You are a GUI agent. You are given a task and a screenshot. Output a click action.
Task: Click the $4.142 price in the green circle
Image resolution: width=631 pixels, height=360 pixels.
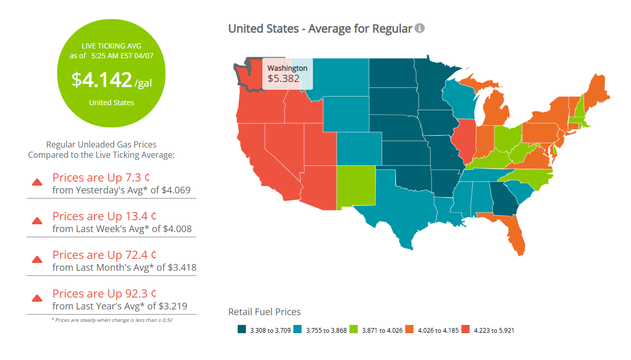[102, 80]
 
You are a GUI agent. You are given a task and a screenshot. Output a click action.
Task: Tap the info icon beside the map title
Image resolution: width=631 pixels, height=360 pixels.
[420, 28]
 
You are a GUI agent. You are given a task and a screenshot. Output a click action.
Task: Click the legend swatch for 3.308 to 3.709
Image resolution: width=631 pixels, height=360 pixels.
[241, 330]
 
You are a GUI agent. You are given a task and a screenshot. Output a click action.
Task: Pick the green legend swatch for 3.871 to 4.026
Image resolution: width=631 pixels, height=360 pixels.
[354, 330]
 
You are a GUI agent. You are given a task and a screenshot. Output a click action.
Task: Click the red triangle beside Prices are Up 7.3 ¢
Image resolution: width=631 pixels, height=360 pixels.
[37, 182]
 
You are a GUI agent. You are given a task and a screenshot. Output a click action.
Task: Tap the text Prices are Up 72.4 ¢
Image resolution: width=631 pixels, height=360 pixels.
[105, 255]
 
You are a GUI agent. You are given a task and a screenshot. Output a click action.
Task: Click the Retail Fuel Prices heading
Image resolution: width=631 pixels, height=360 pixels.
[264, 312]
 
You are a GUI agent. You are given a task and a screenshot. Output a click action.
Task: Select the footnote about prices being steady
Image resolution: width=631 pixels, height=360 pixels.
[112, 320]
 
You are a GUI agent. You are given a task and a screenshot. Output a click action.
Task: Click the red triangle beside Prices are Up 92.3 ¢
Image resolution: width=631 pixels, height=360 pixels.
[37, 298]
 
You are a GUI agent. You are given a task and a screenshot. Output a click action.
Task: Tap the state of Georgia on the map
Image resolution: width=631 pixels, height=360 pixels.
[504, 199]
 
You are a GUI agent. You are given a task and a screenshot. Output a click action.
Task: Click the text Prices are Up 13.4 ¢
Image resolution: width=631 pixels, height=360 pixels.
[105, 216]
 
